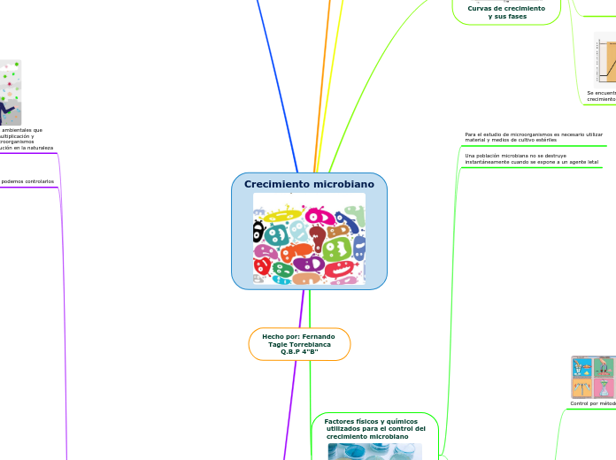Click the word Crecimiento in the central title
pyautogui.click(x=273, y=184)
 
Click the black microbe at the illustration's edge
pyautogui.click(x=258, y=232)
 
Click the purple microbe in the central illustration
pyautogui.click(x=308, y=264)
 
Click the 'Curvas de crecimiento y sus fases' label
pyautogui.click(x=506, y=11)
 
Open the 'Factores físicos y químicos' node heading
pyautogui.click(x=374, y=429)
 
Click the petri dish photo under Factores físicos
pyautogui.click(x=374, y=451)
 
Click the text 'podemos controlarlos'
pyautogui.click(x=27, y=181)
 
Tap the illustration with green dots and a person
pyautogui.click(x=10, y=92)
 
